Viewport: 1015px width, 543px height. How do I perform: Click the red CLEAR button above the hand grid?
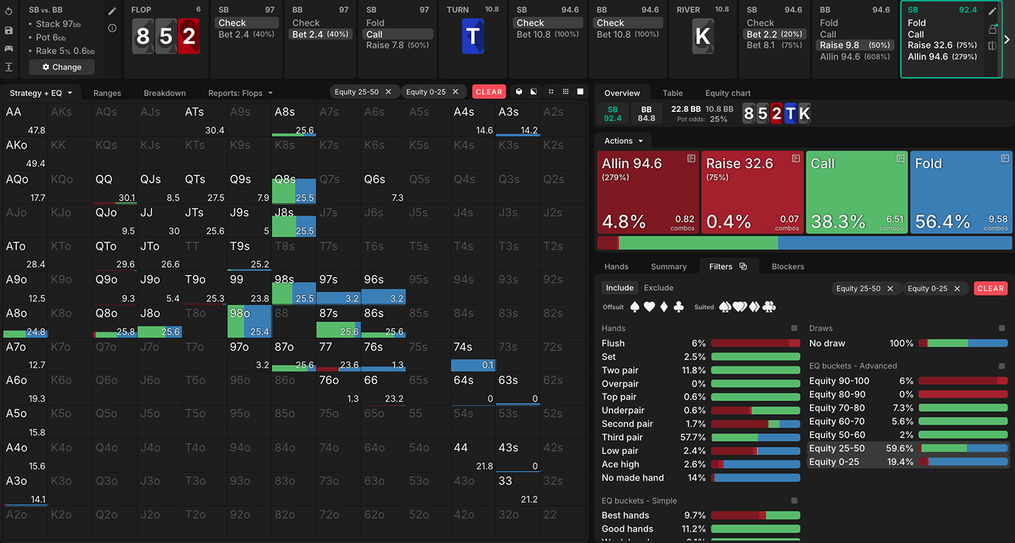pos(488,92)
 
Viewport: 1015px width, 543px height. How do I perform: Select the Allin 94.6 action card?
pos(648,192)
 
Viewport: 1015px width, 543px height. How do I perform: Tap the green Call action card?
pos(856,192)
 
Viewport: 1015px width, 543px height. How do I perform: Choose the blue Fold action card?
pos(960,192)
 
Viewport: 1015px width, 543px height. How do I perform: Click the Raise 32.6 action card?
pos(751,192)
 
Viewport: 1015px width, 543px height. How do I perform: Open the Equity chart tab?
pos(727,93)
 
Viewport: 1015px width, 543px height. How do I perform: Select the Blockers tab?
pos(787,266)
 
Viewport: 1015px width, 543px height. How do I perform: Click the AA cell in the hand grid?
pos(25,119)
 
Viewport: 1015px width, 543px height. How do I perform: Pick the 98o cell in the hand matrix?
pos(249,321)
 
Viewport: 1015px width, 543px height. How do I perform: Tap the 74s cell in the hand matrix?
pos(474,355)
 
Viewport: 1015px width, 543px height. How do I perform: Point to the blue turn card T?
pos(473,37)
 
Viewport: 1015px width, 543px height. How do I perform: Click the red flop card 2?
pos(189,37)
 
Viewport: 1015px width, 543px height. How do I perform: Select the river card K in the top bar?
pos(703,37)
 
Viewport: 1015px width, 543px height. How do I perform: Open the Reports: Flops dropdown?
pos(240,93)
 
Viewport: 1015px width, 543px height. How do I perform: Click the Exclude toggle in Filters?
pos(658,288)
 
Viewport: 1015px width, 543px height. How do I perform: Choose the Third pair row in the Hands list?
pos(622,437)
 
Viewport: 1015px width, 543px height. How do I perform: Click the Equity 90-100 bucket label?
pos(839,380)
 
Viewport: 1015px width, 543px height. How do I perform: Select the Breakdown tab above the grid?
pos(164,93)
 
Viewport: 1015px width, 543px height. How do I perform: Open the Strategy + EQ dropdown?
pos(41,93)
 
